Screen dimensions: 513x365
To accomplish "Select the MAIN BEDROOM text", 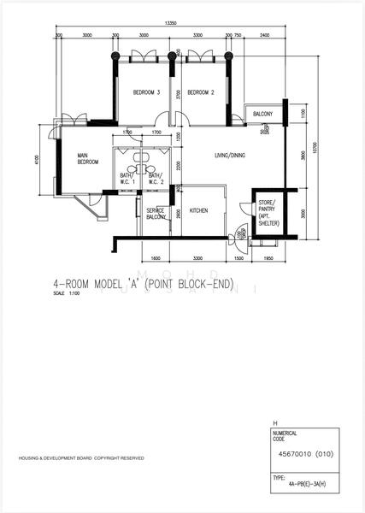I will coord(87,159).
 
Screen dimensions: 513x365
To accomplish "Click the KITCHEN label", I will coord(198,210).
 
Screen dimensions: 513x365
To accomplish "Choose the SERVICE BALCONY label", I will coord(156,214).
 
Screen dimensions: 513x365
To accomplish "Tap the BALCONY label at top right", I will coord(262,114).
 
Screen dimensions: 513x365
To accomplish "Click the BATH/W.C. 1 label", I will coord(127,179).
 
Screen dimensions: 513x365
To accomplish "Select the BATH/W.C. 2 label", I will coord(156,179).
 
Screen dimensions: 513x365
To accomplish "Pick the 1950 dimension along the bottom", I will coord(268,257).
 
